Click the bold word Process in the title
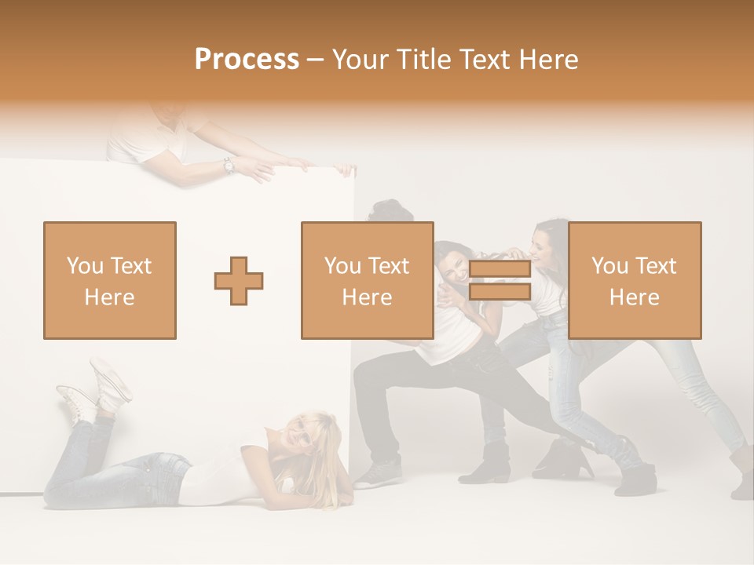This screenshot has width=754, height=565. [247, 60]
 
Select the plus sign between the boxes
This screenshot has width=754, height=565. [239, 280]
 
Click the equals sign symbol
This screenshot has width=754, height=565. [500, 280]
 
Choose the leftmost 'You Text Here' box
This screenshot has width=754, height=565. [110, 280]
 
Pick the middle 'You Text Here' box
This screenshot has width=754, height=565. [367, 280]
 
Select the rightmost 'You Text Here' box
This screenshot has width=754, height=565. [634, 280]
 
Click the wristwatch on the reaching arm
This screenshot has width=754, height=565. [229, 165]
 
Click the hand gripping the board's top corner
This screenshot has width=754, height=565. [343, 169]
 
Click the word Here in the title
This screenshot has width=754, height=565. [550, 60]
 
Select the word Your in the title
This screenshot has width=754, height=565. [357, 60]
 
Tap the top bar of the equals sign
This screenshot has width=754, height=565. [500, 269]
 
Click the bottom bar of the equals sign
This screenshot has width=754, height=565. [500, 292]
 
